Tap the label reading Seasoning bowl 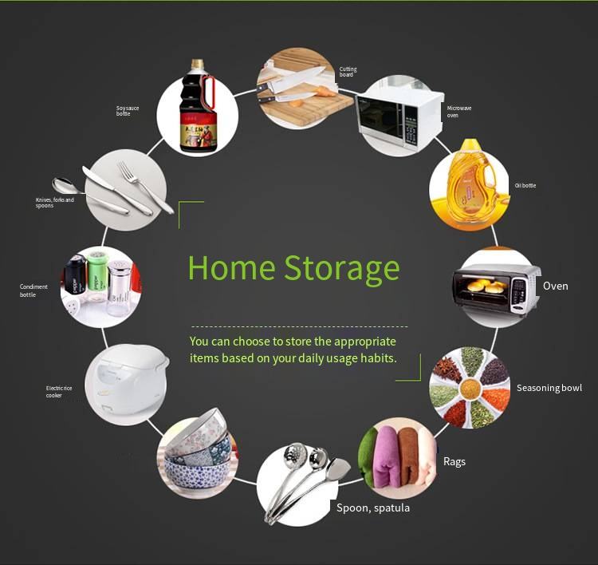(x=549, y=389)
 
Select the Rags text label (x=454, y=462)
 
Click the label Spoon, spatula (x=373, y=508)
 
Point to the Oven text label (x=555, y=286)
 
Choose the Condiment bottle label (x=33, y=290)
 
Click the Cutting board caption (x=348, y=72)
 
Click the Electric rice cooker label (x=59, y=392)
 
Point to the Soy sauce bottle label (x=128, y=111)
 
